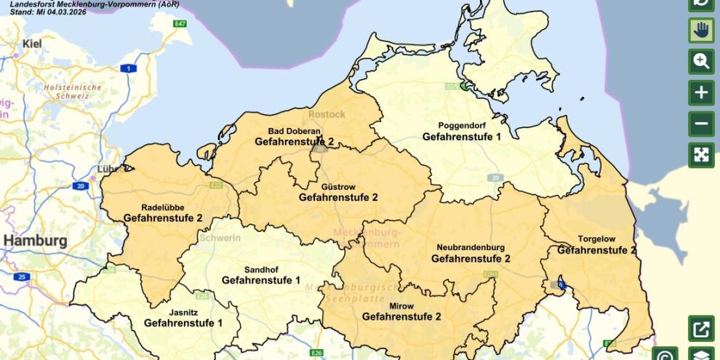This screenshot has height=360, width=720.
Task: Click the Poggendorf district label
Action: [461, 125]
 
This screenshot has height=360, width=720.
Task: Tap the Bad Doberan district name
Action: [294, 131]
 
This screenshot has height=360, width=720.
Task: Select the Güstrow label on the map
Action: [339, 187]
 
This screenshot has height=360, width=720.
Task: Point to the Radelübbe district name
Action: [163, 207]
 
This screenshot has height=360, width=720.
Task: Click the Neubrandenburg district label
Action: [471, 247]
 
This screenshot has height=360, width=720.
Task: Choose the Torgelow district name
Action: [597, 239]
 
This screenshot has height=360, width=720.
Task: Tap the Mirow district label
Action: [401, 305]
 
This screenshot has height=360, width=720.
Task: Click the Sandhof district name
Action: [261, 269]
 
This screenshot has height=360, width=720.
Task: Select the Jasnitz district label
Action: [183, 312]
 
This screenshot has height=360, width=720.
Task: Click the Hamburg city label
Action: [35, 241]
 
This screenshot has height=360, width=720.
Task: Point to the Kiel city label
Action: [32, 44]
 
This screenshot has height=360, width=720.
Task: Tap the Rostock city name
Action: [327, 114]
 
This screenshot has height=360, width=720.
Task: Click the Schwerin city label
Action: [220, 237]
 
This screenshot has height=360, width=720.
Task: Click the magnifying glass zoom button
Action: [701, 61]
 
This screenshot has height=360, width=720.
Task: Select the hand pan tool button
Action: [701, 30]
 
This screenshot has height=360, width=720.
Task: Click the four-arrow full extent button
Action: [701, 155]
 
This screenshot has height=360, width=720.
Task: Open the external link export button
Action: [701, 329]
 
